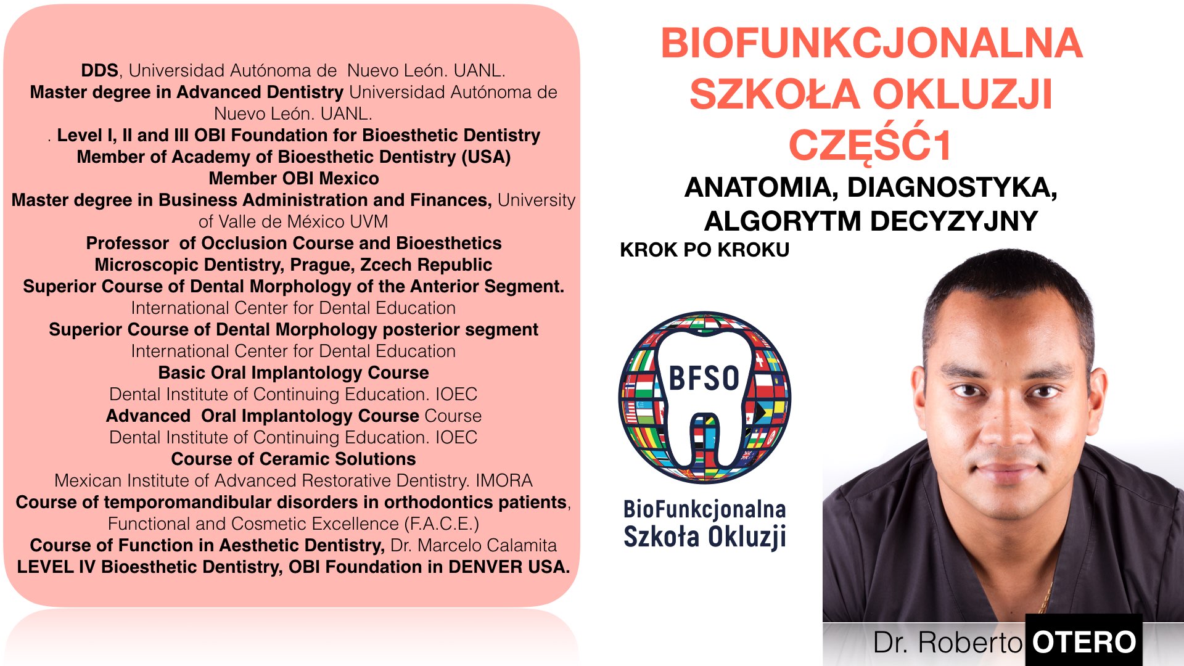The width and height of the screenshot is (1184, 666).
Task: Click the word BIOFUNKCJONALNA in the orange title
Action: point(871,43)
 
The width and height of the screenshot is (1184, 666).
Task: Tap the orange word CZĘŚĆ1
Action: point(870,145)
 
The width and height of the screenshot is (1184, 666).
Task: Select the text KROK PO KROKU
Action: point(704,250)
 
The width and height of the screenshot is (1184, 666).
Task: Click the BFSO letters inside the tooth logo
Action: point(704,378)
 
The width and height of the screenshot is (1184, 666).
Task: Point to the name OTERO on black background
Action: point(1084,642)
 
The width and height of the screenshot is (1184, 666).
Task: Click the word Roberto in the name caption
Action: point(970,643)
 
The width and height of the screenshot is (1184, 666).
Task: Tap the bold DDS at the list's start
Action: point(99,70)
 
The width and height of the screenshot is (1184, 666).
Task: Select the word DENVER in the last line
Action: point(479,567)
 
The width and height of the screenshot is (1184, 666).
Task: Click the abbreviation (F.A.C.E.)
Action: point(442,524)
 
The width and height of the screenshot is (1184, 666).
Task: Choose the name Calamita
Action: point(522,545)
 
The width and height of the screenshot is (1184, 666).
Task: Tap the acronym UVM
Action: point(369,221)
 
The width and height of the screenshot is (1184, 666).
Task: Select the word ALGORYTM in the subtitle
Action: point(783,221)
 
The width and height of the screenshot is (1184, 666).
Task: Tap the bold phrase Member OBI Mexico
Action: point(294,178)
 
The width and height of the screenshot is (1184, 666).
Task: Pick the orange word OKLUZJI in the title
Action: point(962,94)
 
